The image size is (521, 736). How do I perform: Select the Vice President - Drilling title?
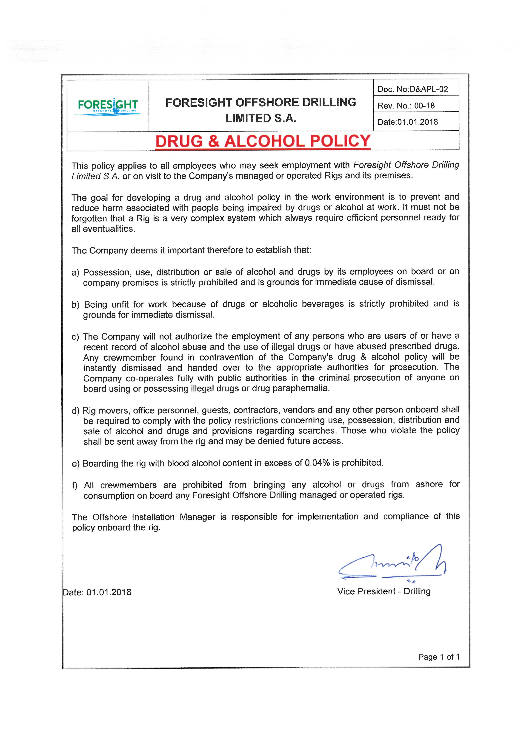pyautogui.click(x=384, y=591)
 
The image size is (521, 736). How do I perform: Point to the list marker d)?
pyautogui.click(x=75, y=411)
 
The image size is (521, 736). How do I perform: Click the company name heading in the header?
pyautogui.click(x=260, y=110)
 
